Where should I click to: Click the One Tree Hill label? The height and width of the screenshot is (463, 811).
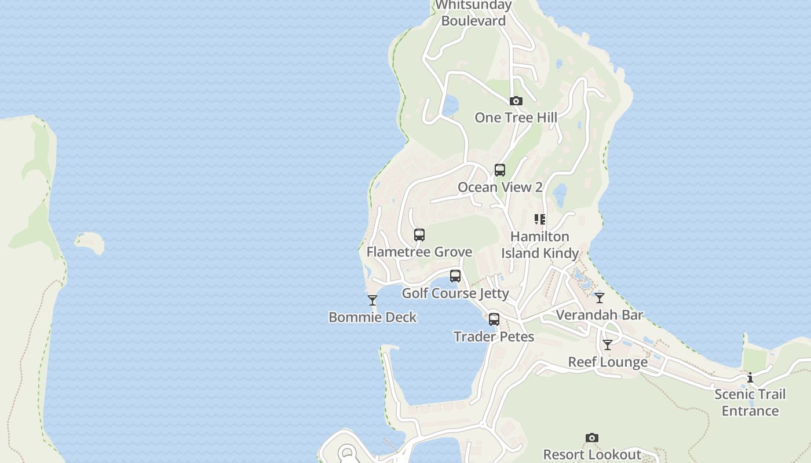click(x=516, y=117)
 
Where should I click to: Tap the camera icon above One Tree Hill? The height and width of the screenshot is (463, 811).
click(x=516, y=101)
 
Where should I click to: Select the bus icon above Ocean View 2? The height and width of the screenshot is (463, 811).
click(x=499, y=170)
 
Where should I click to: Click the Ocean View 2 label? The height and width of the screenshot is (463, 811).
click(x=499, y=187)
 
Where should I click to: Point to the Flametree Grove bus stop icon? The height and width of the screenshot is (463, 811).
click(x=419, y=235)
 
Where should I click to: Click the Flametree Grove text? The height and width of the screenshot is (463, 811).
click(x=419, y=252)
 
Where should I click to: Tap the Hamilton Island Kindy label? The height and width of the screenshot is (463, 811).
click(x=540, y=245)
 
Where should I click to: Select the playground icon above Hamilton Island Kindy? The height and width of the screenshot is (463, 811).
click(x=540, y=219)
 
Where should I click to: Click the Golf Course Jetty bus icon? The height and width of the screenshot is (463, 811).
click(x=455, y=276)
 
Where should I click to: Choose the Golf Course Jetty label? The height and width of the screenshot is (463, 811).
click(x=455, y=293)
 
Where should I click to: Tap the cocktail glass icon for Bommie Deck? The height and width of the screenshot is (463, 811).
click(x=372, y=300)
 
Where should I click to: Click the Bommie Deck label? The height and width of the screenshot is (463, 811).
click(x=372, y=317)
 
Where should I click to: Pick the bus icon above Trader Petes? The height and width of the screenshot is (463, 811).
click(x=494, y=319)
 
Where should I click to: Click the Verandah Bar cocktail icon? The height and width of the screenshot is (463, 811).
click(x=600, y=298)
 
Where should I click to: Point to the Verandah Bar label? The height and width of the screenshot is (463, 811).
click(x=600, y=315)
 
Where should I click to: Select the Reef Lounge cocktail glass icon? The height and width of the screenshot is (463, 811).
click(x=607, y=345)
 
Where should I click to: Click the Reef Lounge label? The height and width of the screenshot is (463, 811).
click(x=607, y=362)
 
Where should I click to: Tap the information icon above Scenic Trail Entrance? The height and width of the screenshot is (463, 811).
click(x=750, y=378)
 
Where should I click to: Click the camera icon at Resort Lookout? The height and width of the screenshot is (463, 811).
click(x=591, y=438)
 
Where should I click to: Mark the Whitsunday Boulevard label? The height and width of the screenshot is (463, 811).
click(x=474, y=13)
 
